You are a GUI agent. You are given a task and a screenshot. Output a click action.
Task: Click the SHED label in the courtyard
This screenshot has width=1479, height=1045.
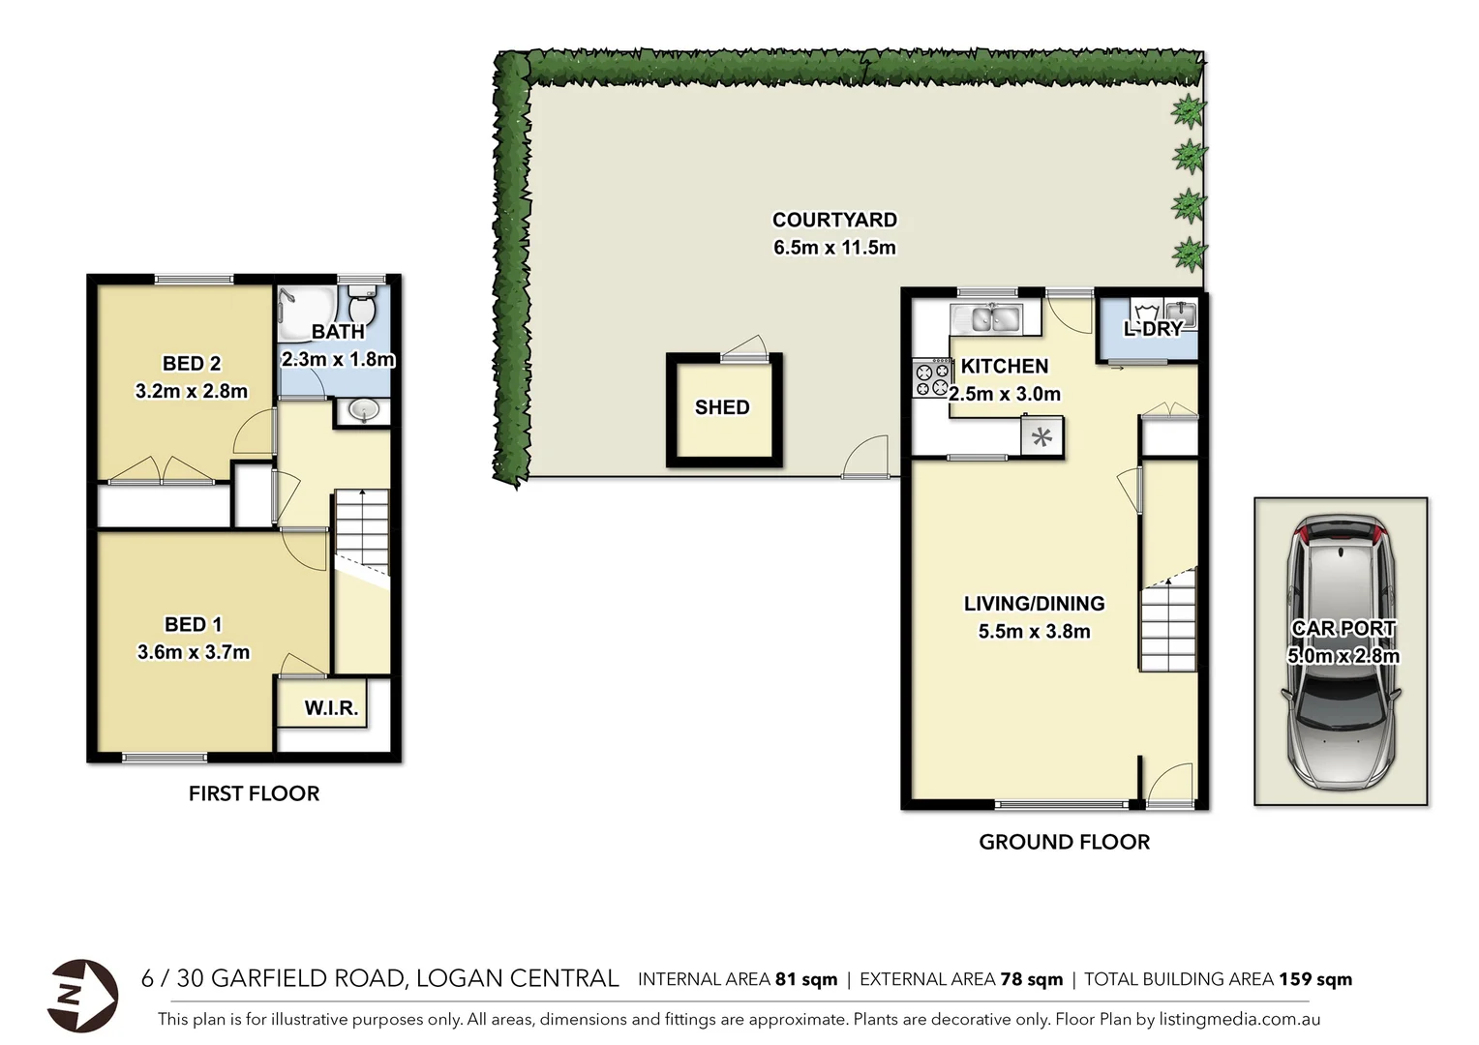point(722,407)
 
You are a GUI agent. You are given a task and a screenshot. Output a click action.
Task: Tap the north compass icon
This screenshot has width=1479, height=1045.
point(82,995)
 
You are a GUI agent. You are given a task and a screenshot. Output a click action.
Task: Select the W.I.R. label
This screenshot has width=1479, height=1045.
point(331,708)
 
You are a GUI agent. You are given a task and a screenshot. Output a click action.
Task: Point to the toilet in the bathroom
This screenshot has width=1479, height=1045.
point(362,307)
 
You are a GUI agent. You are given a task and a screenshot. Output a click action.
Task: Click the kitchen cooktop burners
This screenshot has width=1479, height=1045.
point(931,378)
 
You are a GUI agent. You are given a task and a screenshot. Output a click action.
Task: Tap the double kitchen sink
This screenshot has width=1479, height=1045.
point(985,317)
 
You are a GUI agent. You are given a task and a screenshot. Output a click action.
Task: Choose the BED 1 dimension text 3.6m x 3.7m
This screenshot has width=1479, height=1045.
point(194,652)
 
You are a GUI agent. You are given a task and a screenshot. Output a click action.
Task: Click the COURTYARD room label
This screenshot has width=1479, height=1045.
point(834,221)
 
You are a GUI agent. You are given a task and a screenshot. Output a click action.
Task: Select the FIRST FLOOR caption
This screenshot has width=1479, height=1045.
point(254,793)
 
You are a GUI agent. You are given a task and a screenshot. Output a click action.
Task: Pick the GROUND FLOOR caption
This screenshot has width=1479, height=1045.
point(1064,842)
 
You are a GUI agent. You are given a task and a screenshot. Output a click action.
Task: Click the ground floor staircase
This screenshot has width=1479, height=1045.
point(1167,624)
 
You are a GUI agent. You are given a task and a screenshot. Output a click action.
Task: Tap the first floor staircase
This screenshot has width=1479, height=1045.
point(362,532)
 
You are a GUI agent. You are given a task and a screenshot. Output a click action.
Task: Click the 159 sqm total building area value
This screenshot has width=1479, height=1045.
point(1315,979)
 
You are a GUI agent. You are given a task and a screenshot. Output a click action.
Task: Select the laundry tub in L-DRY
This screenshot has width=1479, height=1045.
point(1180,313)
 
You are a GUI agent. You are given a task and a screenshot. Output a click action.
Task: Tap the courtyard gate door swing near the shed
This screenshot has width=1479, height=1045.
point(866,459)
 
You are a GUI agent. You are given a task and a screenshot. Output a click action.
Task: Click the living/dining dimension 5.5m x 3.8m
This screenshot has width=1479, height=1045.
point(1034,632)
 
